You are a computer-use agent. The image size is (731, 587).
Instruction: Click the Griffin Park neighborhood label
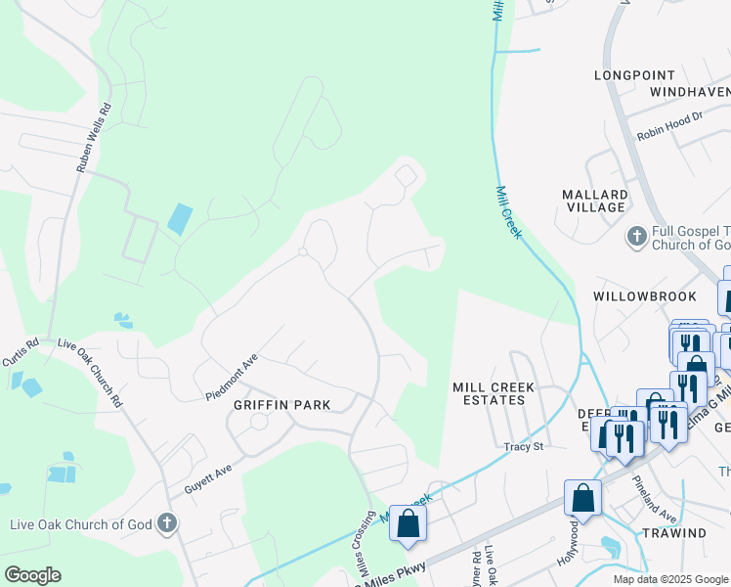(281, 404)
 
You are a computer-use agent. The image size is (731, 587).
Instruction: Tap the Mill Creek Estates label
(494, 394)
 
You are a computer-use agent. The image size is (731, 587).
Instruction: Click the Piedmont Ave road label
(231, 377)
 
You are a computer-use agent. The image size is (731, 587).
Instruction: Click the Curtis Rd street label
(21, 353)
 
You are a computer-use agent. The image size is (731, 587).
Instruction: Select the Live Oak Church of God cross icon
(167, 523)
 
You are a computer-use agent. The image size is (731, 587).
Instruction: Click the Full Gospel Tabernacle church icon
(636, 236)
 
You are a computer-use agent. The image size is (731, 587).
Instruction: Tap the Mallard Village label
(594, 201)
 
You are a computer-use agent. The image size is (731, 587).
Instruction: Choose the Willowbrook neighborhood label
(645, 295)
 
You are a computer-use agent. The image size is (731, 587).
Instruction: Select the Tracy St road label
(523, 447)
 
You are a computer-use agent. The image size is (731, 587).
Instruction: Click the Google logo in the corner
(32, 575)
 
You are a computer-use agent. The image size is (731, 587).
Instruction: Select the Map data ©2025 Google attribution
(669, 579)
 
